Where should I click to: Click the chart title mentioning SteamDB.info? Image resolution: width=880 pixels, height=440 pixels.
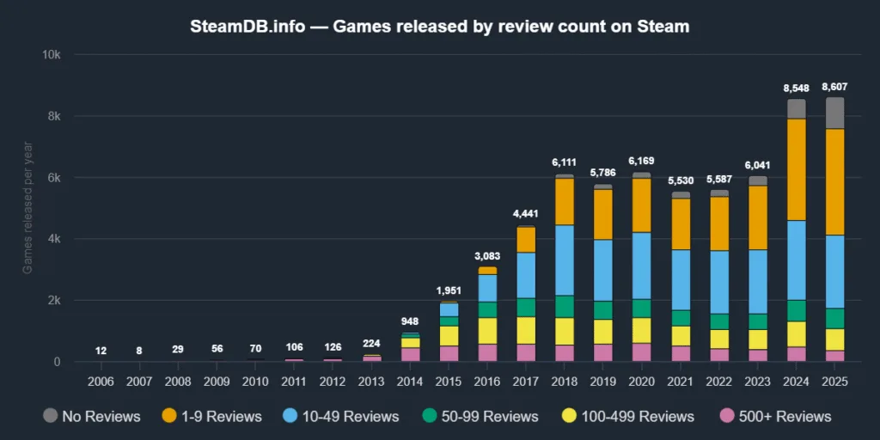[439, 27]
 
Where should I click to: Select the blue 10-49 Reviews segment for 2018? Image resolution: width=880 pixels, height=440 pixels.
[564, 260]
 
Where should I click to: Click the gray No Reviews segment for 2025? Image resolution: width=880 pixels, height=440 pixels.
[834, 113]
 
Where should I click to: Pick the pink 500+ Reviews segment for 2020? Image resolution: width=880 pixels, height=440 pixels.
[641, 352]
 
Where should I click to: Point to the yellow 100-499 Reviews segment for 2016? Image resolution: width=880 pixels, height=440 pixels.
[487, 330]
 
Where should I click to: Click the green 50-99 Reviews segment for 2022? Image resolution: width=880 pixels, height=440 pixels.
[718, 321]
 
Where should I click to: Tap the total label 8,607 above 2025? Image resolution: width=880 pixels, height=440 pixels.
[834, 87]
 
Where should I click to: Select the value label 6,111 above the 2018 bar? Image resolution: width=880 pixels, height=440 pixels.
[564, 162]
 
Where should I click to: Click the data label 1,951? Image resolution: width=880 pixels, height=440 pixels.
[449, 290]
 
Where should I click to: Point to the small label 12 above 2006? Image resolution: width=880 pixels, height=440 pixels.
[101, 351]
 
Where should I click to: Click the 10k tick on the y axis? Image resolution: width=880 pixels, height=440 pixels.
[52, 54]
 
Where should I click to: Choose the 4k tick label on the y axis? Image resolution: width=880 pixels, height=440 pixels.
[53, 239]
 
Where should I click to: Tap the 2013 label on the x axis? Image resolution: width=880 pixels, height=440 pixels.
[371, 379]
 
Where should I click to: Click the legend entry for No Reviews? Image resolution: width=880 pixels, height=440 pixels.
[91, 417]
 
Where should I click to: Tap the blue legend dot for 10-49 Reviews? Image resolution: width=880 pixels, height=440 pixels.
[291, 417]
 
